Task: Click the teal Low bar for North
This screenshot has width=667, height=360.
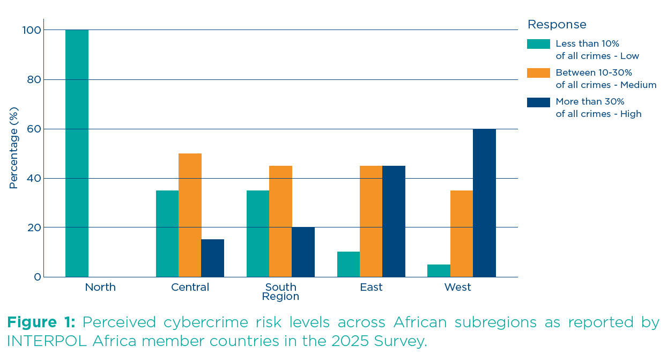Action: [x=77, y=153]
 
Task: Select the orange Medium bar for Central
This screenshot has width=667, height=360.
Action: [x=190, y=215]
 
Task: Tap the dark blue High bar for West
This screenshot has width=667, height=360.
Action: [x=484, y=203]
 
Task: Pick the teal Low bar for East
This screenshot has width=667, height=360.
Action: [x=349, y=265]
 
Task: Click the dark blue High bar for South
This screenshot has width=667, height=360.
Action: [x=303, y=252]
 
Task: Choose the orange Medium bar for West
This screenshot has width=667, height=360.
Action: [x=462, y=234]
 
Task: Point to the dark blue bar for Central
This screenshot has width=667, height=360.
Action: [x=212, y=258]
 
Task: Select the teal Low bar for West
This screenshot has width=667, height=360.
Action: [x=439, y=271]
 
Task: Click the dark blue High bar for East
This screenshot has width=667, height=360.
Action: [x=394, y=222]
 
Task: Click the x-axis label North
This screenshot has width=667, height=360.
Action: [x=100, y=288]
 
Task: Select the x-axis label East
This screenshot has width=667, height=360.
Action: [x=371, y=288]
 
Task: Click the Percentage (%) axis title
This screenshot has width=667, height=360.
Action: [x=14, y=148]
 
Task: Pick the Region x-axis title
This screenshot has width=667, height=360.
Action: [x=280, y=297]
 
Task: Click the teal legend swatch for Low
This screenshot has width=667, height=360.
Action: [x=538, y=44]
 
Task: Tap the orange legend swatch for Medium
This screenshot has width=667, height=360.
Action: [x=538, y=73]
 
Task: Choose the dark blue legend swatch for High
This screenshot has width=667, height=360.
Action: [x=538, y=102]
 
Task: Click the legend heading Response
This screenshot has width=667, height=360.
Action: [x=557, y=25]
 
